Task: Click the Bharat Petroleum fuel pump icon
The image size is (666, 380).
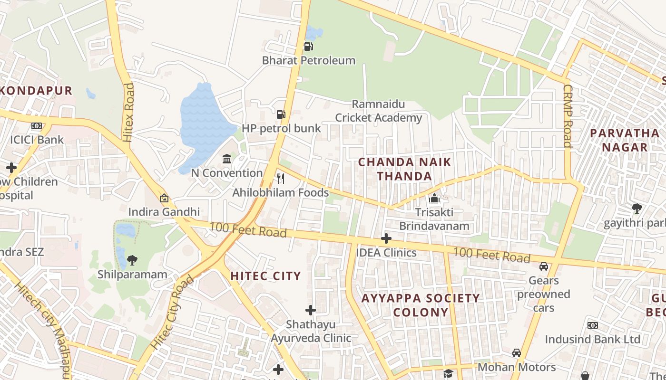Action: pyautogui.click(x=308, y=47)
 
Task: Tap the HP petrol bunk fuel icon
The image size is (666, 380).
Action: pyautogui.click(x=281, y=114)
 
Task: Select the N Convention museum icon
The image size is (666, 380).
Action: pyautogui.click(x=227, y=159)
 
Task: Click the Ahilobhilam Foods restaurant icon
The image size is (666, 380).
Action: pyautogui.click(x=281, y=179)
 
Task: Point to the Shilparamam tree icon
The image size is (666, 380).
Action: pyautogui.click(x=132, y=260)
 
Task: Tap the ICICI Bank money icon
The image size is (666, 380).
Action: pyautogui.click(x=37, y=126)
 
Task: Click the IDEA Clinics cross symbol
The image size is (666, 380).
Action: pyautogui.click(x=386, y=238)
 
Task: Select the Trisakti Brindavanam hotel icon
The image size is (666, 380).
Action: pyautogui.click(x=434, y=199)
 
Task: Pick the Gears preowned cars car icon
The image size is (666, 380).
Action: pyautogui.click(x=544, y=266)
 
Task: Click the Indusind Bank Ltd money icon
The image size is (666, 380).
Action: pyautogui.click(x=592, y=325)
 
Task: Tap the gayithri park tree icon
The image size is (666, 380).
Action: pyautogui.click(x=637, y=208)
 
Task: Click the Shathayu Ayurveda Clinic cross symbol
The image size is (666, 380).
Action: pyautogui.click(x=311, y=311)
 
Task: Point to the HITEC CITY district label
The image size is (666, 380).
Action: pyautogui.click(x=266, y=276)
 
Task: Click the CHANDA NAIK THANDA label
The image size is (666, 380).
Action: pyautogui.click(x=404, y=169)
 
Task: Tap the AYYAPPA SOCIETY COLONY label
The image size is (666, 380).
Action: pyautogui.click(x=421, y=305)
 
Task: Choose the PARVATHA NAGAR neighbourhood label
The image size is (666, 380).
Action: pyautogui.click(x=625, y=140)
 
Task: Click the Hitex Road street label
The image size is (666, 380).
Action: pyautogui.click(x=128, y=113)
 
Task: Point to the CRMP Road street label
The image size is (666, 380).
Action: pyautogui.click(x=567, y=116)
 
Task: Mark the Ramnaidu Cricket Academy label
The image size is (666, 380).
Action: pyautogui.click(x=379, y=111)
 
